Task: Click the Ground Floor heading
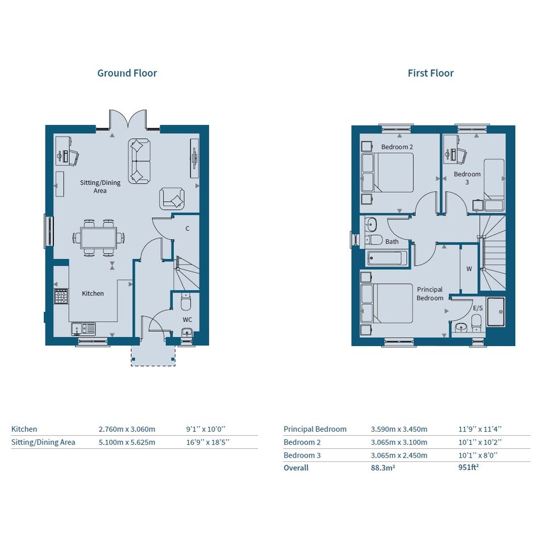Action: click(127, 73)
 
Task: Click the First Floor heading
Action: click(431, 73)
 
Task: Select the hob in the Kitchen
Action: click(61, 296)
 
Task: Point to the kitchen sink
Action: click(83, 328)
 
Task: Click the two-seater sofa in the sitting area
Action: click(139, 161)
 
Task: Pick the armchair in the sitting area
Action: click(172, 199)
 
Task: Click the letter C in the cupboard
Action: click(188, 228)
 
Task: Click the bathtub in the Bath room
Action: click(387, 258)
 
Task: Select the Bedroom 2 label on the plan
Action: click(397, 147)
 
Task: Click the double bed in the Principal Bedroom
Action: click(387, 303)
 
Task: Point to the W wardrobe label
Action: click(469, 269)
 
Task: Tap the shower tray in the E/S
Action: click(496, 311)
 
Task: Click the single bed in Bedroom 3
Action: click(494, 184)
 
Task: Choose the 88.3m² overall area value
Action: click(383, 468)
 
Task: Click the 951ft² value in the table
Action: click(468, 468)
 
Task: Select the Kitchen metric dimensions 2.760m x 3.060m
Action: click(127, 429)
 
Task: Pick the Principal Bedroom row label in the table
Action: click(315, 429)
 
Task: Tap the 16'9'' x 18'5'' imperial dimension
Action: click(208, 442)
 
